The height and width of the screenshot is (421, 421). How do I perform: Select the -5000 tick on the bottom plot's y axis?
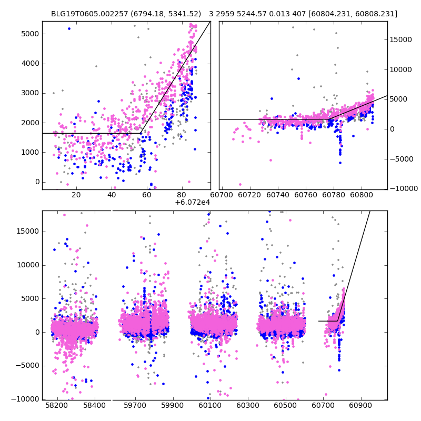tap(27, 366)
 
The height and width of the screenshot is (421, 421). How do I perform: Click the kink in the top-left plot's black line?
tap(140, 133)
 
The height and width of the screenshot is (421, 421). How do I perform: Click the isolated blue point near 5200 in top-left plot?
tap(69, 28)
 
